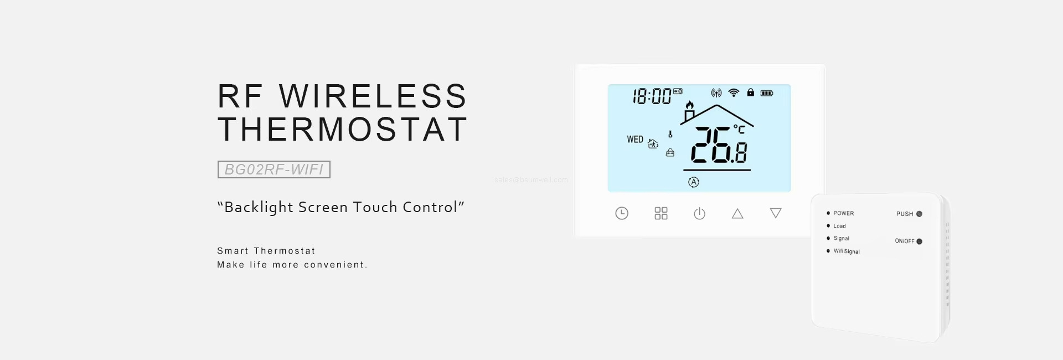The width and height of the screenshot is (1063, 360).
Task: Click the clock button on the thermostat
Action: [x=622, y=213]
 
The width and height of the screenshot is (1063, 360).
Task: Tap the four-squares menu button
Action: [x=661, y=213]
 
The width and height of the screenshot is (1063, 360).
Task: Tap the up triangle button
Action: [x=737, y=214]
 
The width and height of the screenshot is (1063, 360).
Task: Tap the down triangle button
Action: [x=776, y=213]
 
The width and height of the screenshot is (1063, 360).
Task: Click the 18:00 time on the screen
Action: [x=652, y=96]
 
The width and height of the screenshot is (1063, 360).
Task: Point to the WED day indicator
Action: [x=635, y=140]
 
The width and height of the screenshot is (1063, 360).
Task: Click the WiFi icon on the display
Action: [x=734, y=92]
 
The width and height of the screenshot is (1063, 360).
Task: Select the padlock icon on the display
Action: [x=750, y=92]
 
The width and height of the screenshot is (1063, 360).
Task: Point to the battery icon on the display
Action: [x=767, y=93]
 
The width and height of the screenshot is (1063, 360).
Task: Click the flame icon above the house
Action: [x=689, y=105]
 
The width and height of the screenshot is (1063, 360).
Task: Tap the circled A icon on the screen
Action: [x=694, y=182]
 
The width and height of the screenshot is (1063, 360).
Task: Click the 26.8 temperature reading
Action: [x=719, y=146]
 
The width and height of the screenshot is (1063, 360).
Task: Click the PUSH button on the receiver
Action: [x=919, y=214]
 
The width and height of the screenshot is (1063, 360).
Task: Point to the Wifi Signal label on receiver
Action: [x=847, y=251]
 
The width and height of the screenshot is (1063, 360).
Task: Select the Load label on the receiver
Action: [x=839, y=226]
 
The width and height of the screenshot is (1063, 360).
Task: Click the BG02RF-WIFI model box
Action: [x=274, y=169]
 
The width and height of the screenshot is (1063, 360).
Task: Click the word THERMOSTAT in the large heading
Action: [x=343, y=129]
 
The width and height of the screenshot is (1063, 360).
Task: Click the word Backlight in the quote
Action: [x=259, y=207]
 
